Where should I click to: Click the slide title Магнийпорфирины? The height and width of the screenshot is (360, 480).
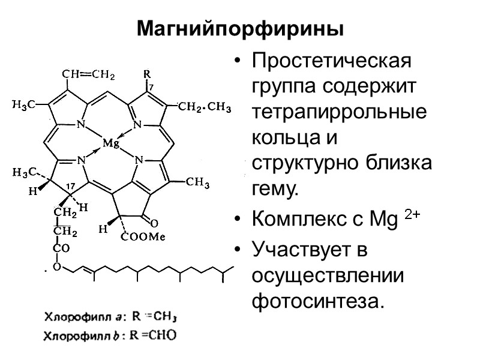point(240,28)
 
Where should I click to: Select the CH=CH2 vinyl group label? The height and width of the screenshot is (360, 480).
point(89,75)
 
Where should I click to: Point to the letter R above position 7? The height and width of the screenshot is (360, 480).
point(146,74)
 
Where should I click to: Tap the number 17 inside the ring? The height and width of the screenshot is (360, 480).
point(70,187)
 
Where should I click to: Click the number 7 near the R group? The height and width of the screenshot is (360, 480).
point(151,88)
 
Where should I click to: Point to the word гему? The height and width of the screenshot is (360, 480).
point(275,190)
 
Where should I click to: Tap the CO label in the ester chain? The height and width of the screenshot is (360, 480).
point(61,248)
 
